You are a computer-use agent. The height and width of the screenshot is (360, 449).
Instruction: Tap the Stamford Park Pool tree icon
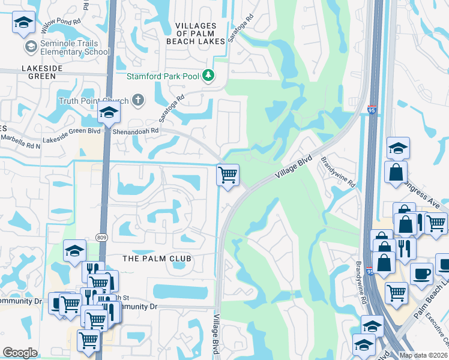tap(208, 76)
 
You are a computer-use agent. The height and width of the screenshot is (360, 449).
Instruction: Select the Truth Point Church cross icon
tap(137, 100)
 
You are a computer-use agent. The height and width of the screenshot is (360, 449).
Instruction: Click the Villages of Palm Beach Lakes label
tap(196, 33)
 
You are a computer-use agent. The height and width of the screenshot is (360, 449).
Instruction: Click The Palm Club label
tap(157, 259)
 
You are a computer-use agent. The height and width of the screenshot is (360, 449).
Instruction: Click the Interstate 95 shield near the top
tap(372, 110)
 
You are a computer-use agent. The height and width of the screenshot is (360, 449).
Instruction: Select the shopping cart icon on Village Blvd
tap(228, 175)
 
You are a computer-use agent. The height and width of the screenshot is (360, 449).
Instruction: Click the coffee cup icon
tap(421, 273)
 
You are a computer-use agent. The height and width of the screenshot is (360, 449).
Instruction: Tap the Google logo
tap(20, 353)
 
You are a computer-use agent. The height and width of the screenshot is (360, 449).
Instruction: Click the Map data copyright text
tap(423, 355)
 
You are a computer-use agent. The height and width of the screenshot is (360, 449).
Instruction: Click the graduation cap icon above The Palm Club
tap(74, 251)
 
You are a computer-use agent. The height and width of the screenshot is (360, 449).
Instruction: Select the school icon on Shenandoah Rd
tap(109, 112)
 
